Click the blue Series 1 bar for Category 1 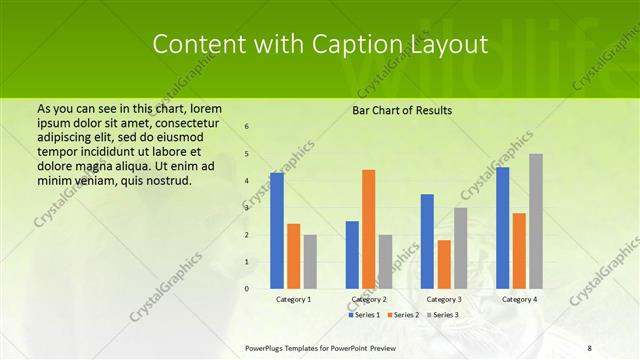pyautogui.click(x=277, y=231)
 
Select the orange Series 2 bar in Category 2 pyautogui.click(x=369, y=229)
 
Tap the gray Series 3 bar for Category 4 pyautogui.click(x=536, y=221)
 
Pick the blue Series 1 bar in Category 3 pyautogui.click(x=427, y=241)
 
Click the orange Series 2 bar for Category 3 pyautogui.click(x=444, y=264)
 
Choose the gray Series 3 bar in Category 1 pyautogui.click(x=310, y=262)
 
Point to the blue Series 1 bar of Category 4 pyautogui.click(x=502, y=228)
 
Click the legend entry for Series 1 pyautogui.click(x=365, y=315)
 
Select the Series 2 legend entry pyautogui.click(x=403, y=315)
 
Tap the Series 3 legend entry pyautogui.click(x=442, y=315)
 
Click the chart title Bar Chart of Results pyautogui.click(x=402, y=109)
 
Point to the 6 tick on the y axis pyautogui.click(x=247, y=127)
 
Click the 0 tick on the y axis pyautogui.click(x=247, y=289)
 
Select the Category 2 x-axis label pyautogui.click(x=368, y=299)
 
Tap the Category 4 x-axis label pyautogui.click(x=519, y=299)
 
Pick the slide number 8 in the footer pyautogui.click(x=589, y=346)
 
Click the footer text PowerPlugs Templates pyautogui.click(x=284, y=346)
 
